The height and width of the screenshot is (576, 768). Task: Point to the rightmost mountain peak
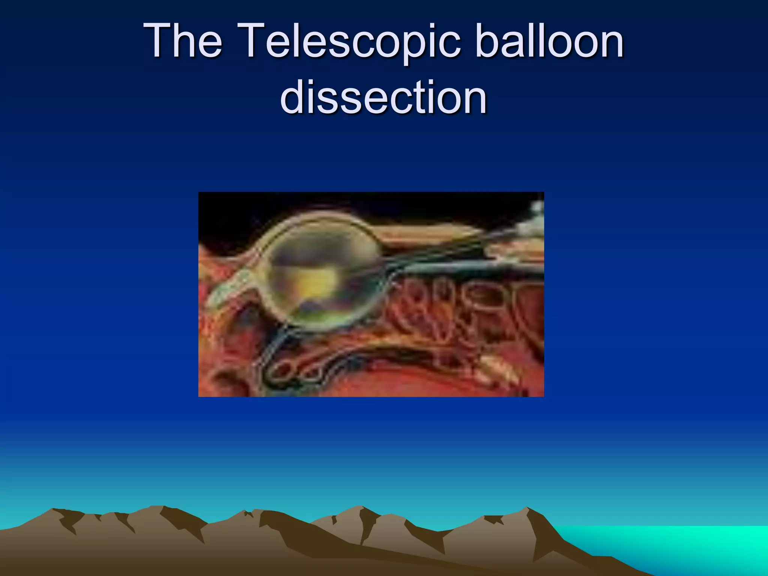click(527, 509)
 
